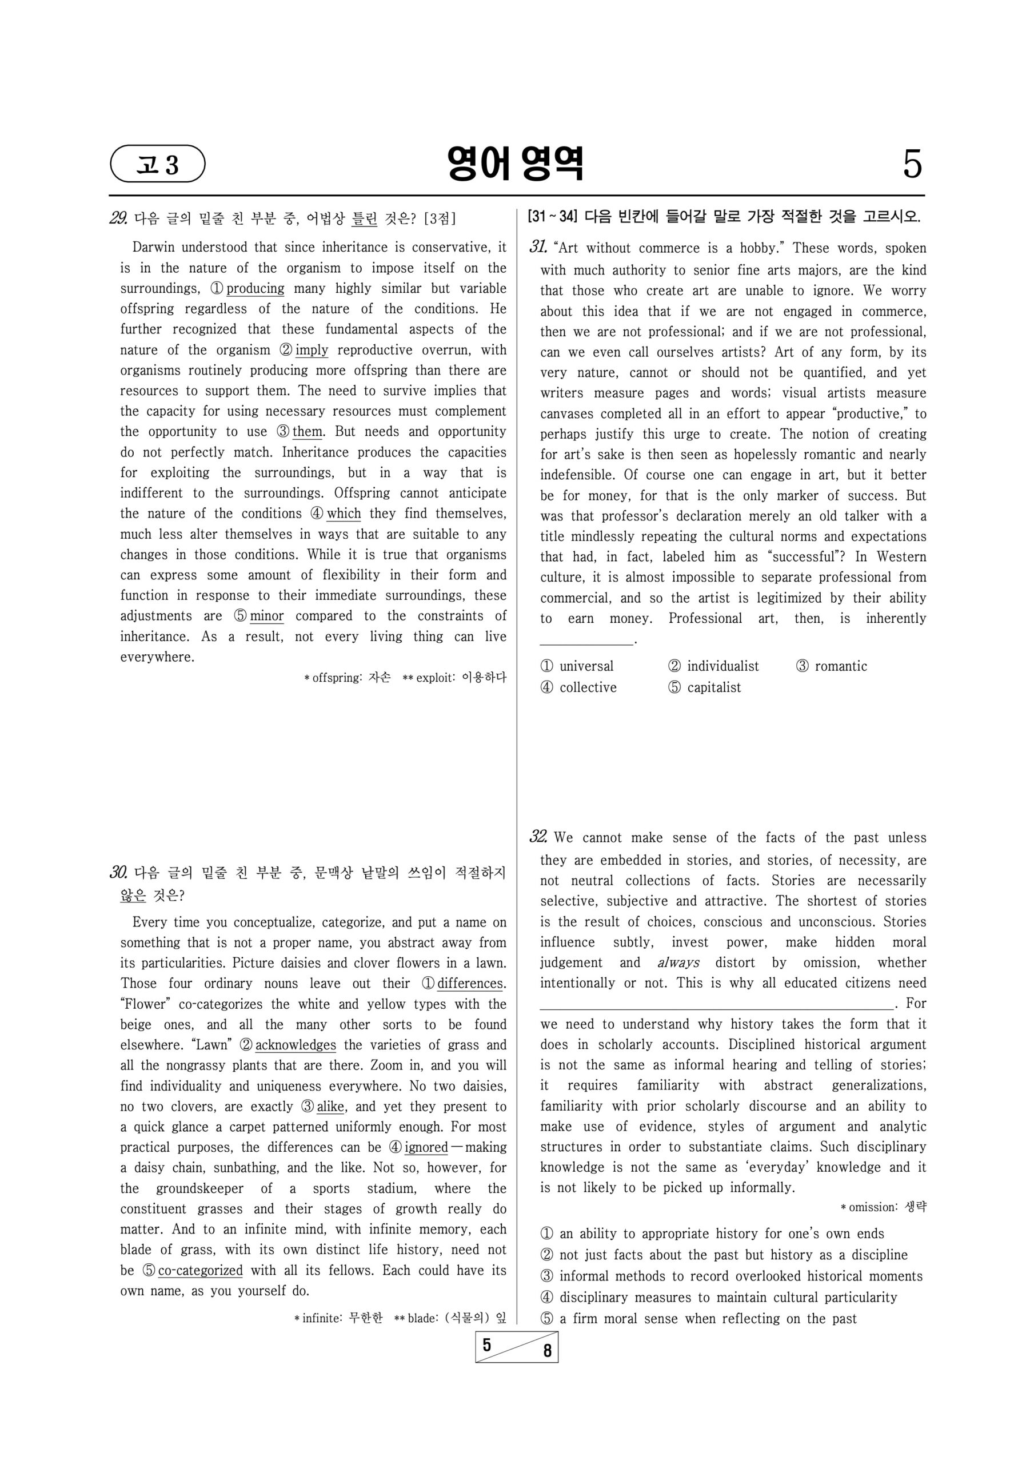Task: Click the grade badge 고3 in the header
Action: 157,165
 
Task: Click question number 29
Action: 118,218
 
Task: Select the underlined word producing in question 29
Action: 255,288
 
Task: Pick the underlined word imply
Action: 312,350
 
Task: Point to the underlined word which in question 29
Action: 344,514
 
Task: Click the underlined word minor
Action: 266,616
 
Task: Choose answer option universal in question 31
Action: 586,666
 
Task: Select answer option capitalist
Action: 713,687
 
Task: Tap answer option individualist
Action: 722,666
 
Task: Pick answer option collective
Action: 587,687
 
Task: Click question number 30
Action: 118,873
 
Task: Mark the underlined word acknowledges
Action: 295,1045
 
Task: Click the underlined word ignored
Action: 426,1148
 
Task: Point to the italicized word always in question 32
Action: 678,963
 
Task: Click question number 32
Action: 538,837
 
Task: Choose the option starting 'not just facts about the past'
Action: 733,1255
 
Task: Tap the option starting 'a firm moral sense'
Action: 708,1319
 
